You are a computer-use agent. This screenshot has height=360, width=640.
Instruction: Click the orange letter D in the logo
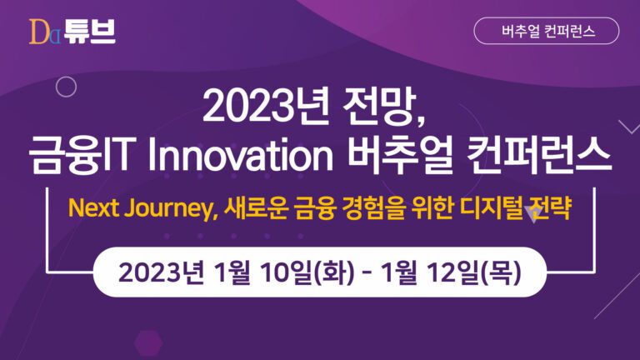pos(40,32)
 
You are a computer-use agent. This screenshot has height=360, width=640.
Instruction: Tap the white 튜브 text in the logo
pos(89,32)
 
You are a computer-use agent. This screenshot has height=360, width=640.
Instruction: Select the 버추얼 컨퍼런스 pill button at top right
pos(546,31)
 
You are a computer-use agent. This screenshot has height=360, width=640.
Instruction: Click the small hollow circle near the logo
pos(66,87)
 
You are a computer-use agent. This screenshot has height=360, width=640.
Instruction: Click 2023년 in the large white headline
pos(266,107)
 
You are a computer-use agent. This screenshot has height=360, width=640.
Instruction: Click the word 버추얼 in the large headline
pos(400,155)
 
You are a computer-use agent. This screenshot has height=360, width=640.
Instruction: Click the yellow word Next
pos(93,208)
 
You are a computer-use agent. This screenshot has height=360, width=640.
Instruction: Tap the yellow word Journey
pos(171,209)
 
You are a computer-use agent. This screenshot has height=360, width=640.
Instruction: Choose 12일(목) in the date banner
pos(474,272)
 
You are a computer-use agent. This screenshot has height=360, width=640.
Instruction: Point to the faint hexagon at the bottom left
pos(148,342)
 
